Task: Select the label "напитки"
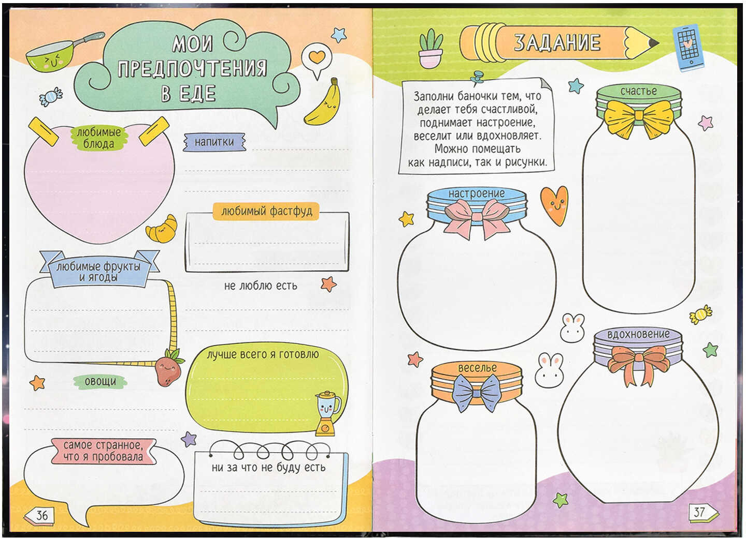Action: pos(214,142)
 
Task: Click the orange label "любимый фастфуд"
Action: pos(266,211)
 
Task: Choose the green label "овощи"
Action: pos(101,381)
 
